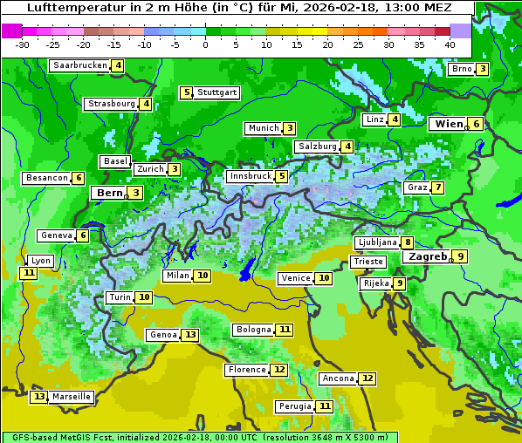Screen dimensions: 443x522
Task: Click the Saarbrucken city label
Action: coord(79,65)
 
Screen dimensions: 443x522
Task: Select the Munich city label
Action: coord(263,128)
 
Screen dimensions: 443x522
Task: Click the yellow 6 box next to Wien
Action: coord(477,124)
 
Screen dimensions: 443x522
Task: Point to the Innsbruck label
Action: coord(250,176)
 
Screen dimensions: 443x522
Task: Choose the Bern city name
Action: coord(110,193)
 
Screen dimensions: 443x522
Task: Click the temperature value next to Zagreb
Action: coord(460,256)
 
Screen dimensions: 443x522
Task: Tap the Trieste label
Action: coord(367,262)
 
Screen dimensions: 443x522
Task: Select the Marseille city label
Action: coord(72,397)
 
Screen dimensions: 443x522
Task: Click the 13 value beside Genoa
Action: coord(190,335)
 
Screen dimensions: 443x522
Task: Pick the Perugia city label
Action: coord(293,406)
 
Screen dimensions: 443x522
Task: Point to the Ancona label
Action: coord(338,378)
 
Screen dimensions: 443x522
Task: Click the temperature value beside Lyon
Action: coord(29,273)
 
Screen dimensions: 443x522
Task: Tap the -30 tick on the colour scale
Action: coord(23,44)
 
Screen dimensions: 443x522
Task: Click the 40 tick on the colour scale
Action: coord(450,44)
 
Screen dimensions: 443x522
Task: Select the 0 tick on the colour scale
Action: coord(206,44)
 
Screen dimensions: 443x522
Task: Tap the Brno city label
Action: coord(461,69)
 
